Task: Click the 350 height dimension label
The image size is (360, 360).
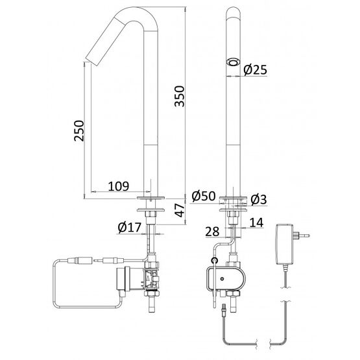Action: pyautogui.click(x=179, y=96)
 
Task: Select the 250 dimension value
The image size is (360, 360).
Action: pyautogui.click(x=79, y=130)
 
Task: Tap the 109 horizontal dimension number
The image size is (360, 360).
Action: pyautogui.click(x=119, y=186)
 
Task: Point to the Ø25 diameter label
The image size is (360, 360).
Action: pyautogui.click(x=256, y=69)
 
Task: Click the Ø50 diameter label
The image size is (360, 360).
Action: pyautogui.click(x=204, y=196)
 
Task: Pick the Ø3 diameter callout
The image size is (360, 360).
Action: pyautogui.click(x=259, y=199)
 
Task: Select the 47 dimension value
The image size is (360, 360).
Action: pyautogui.click(x=180, y=210)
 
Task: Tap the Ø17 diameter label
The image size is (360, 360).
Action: pyautogui.click(x=129, y=227)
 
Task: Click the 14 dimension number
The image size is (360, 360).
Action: pyautogui.click(x=256, y=222)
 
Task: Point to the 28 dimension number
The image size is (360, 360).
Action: pyautogui.click(x=212, y=232)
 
